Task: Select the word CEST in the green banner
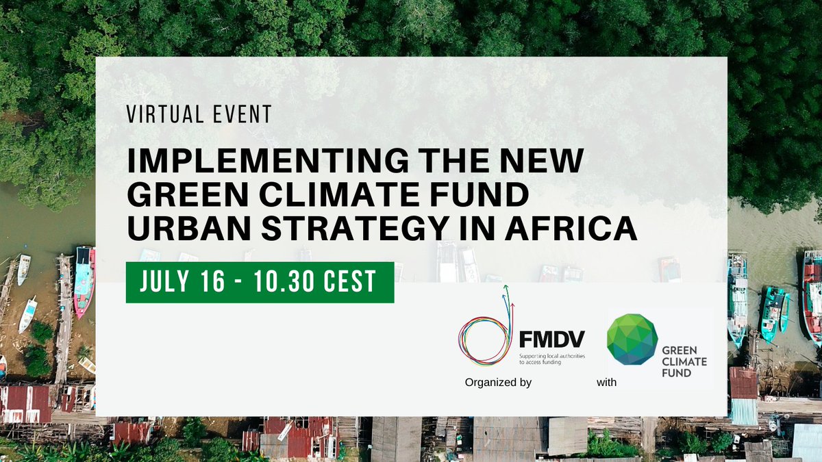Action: (x=352, y=282)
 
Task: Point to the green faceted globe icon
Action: (x=632, y=340)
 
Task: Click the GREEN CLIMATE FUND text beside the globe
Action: (x=684, y=361)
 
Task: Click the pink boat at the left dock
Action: (x=84, y=281)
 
